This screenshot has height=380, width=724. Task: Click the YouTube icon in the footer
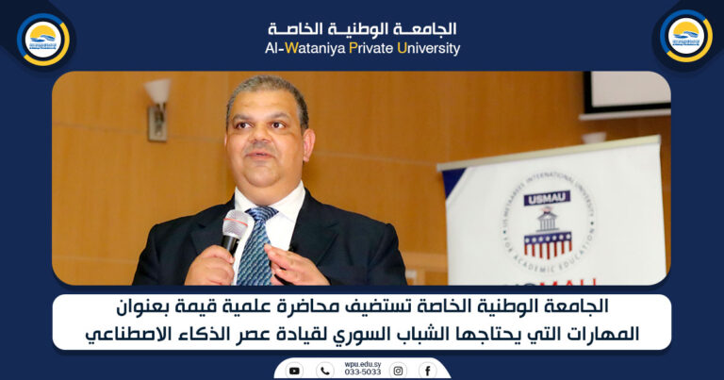294,371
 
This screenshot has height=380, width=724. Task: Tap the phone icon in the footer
325,371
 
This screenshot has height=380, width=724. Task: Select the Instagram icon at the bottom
398,371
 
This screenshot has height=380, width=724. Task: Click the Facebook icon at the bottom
428,371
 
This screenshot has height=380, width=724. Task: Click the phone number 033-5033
362,373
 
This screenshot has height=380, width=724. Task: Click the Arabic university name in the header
362,28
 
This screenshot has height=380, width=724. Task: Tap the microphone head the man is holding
234,225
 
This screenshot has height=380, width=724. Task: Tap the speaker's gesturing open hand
294,267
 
